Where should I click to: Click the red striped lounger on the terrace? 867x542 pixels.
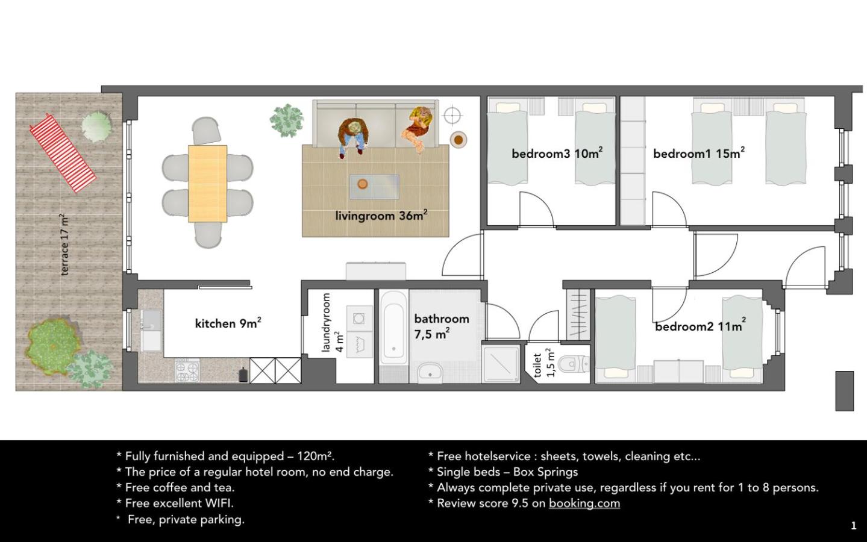tap(63, 153)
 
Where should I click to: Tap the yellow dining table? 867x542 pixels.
tap(208, 184)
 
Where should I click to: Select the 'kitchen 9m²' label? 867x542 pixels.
tap(228, 323)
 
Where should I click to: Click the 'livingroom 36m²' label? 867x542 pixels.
tap(381, 215)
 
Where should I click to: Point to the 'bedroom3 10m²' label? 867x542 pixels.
tap(557, 153)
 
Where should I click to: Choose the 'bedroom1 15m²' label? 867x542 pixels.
tap(699, 153)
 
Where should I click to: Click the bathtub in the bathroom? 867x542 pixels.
tap(393, 328)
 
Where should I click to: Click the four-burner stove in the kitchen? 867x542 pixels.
tap(187, 370)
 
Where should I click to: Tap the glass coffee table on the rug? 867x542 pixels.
tap(374, 187)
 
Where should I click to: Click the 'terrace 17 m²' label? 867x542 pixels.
tap(64, 245)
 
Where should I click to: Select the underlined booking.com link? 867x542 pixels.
tap(584, 503)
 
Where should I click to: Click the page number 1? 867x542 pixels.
tap(854, 525)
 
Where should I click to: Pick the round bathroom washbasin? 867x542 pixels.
tap(430, 373)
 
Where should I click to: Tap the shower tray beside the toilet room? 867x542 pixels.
tap(501, 364)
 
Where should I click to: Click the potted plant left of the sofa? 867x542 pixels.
tap(287, 120)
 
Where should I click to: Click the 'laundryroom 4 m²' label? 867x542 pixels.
tap(333, 323)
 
